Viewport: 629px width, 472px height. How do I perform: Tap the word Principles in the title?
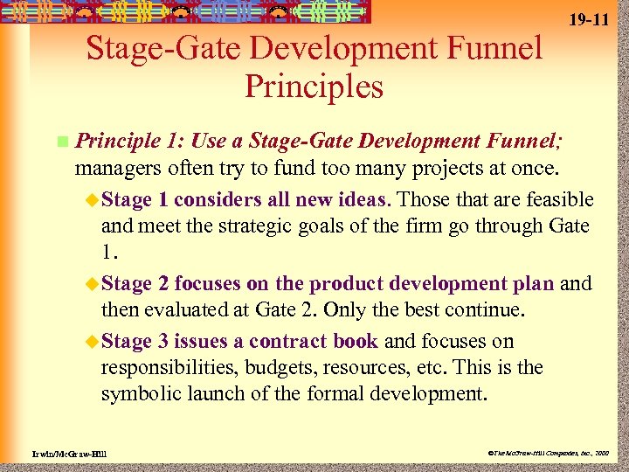[314, 87]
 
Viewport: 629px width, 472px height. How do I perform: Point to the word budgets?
[279, 367]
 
